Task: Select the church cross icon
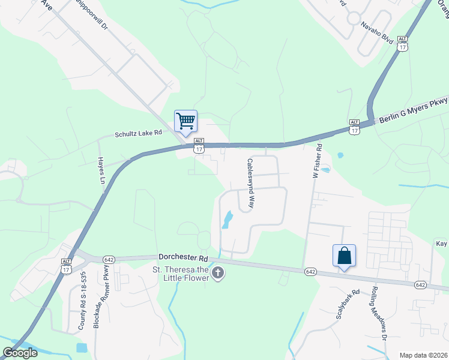(218, 274)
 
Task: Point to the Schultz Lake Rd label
(139, 134)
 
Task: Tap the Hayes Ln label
(101, 171)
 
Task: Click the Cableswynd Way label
(252, 184)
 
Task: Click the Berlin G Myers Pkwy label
(412, 110)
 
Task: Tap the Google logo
(20, 353)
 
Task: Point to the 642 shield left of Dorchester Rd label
(109, 259)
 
